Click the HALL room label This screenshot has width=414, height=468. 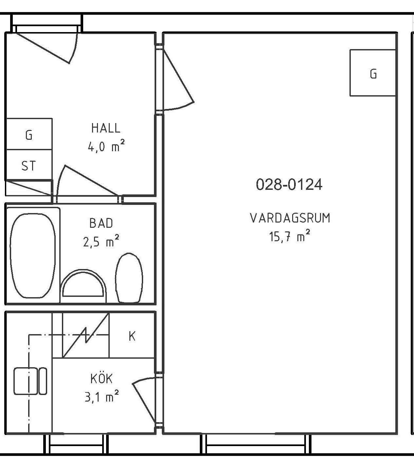[106, 128]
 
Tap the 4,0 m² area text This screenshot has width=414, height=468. [106, 146]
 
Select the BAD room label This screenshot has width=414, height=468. [101, 223]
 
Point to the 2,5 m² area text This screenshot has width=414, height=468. [101, 241]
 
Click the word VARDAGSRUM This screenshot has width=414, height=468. [290, 218]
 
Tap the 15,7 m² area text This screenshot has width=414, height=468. [290, 236]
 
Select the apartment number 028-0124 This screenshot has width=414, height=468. [289, 184]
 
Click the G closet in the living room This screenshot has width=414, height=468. [373, 73]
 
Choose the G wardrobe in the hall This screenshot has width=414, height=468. [29, 134]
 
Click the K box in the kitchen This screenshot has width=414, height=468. [132, 336]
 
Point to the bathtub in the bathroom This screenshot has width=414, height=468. [33, 255]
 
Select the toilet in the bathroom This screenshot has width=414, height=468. [129, 278]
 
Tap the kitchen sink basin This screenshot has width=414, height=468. [26, 381]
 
